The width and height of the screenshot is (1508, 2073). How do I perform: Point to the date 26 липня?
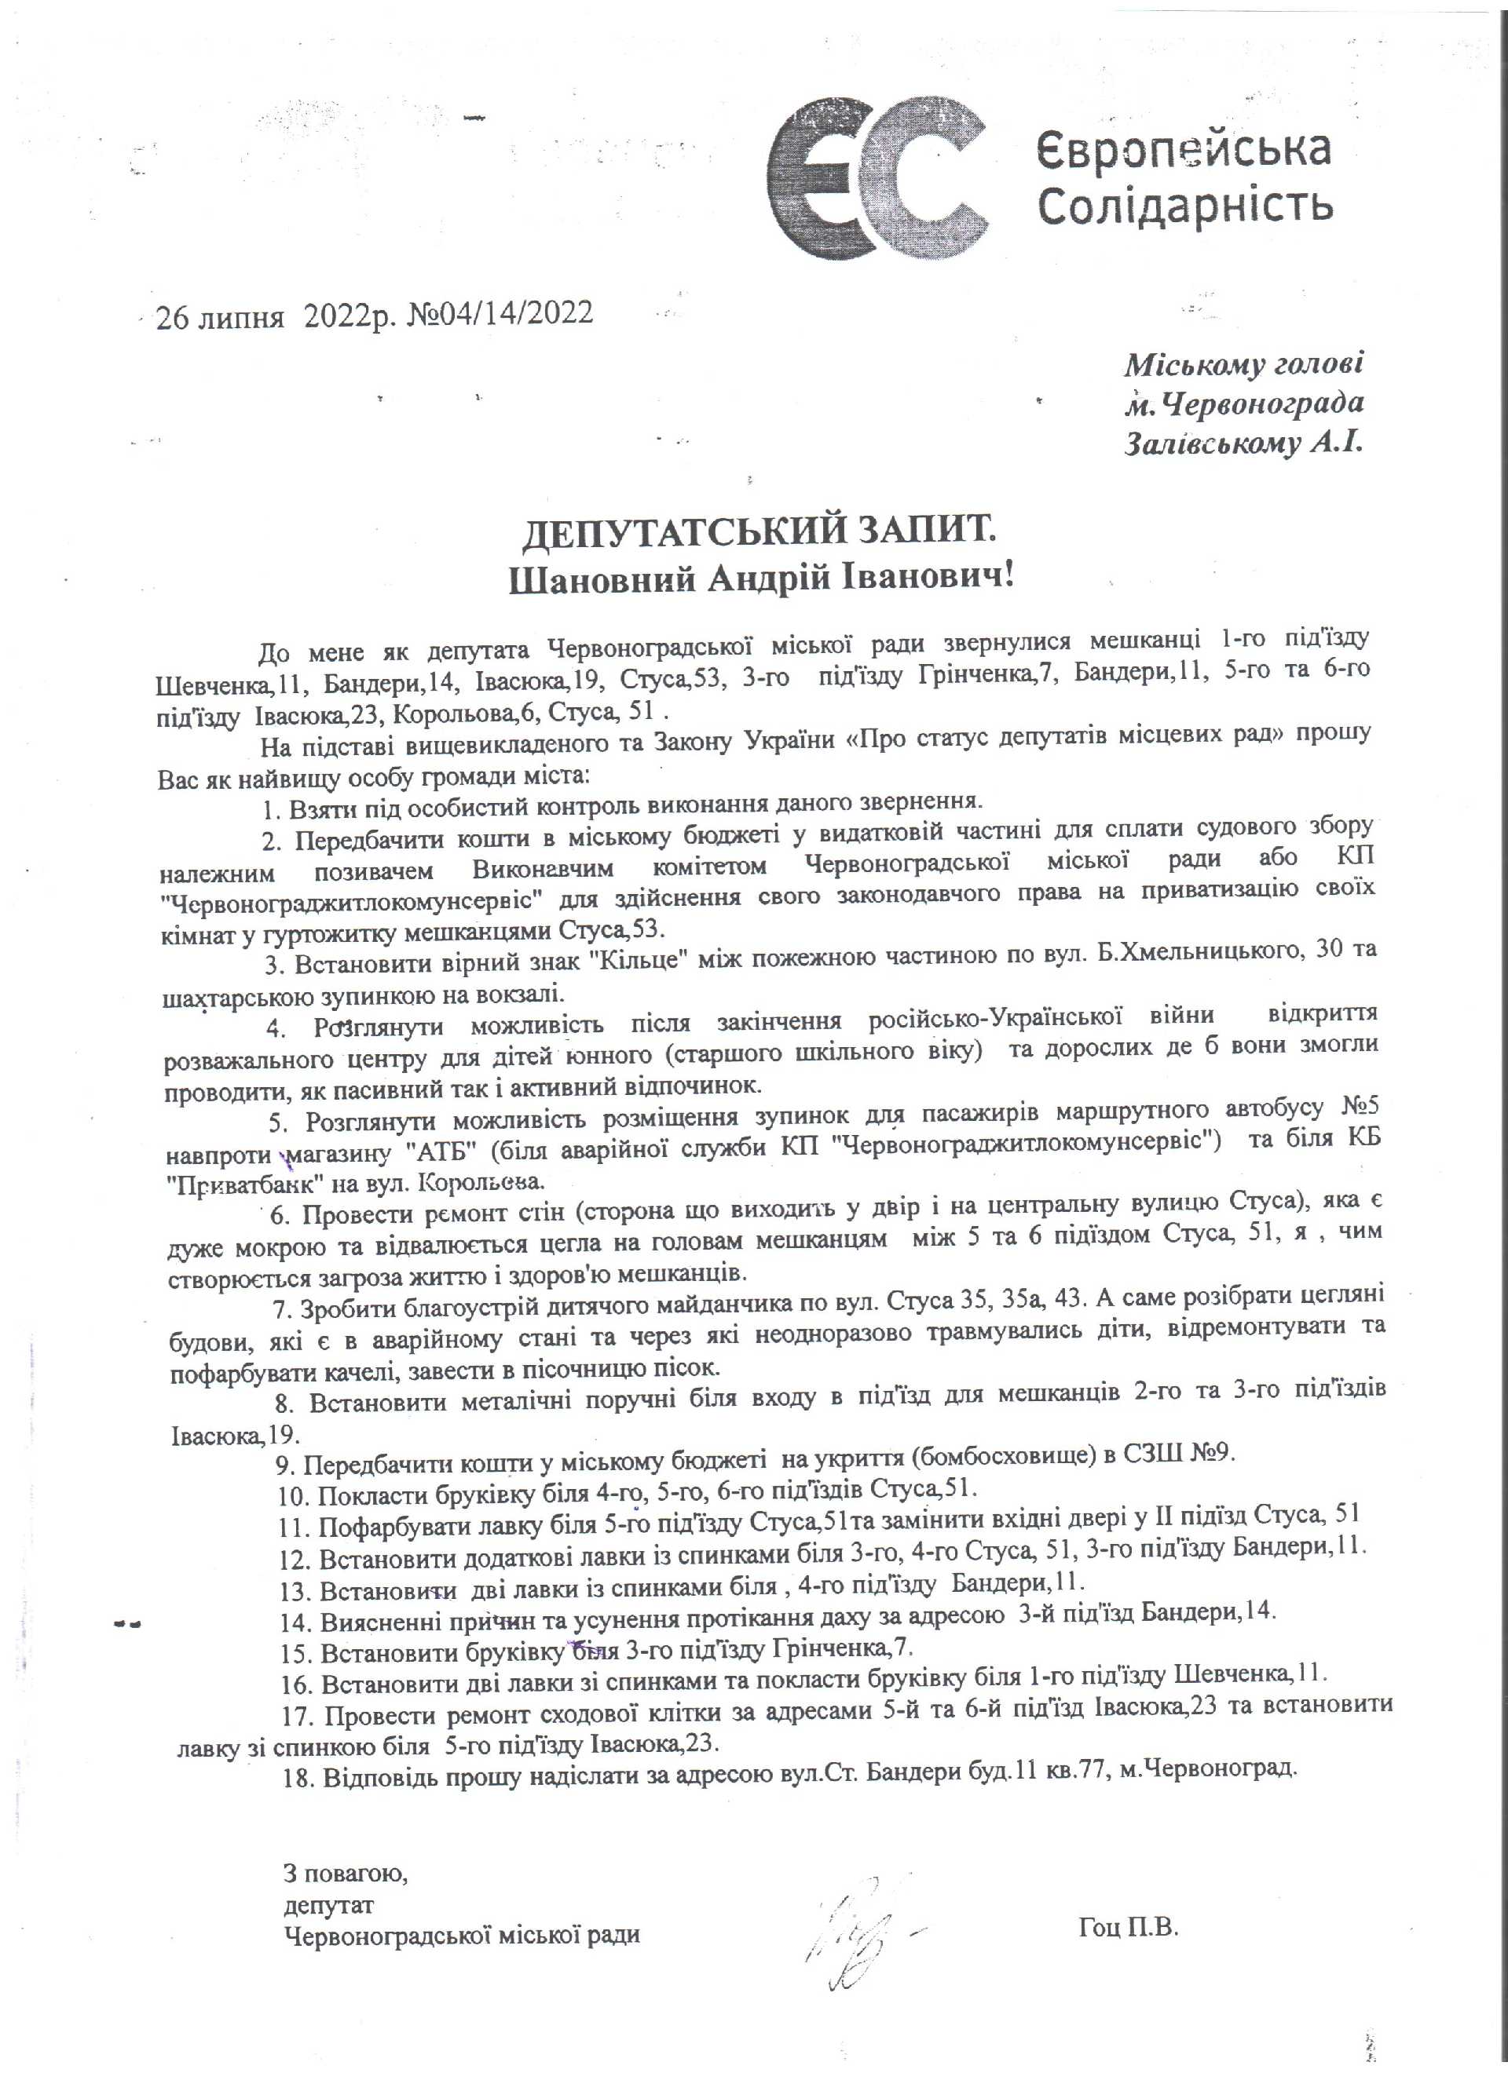pyautogui.click(x=218, y=316)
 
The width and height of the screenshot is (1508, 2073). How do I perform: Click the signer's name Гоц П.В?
pyautogui.click(x=1129, y=1929)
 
